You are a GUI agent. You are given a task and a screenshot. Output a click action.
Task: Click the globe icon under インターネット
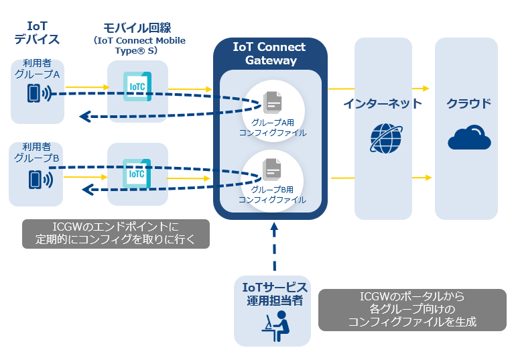point(386,137)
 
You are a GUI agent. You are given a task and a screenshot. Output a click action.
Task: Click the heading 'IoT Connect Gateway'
point(269,54)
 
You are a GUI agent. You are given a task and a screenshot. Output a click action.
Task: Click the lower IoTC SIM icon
point(137,172)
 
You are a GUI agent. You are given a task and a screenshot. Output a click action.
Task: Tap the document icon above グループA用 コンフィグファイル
point(272,101)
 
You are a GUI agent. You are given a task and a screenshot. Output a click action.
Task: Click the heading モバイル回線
point(137,27)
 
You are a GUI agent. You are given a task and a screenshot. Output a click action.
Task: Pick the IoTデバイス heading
point(36,32)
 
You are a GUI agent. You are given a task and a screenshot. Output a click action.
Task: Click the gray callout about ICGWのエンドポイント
point(116,232)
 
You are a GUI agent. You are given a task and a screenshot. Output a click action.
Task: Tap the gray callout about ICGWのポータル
point(411,309)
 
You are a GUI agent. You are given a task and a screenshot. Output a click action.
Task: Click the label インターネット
point(383,103)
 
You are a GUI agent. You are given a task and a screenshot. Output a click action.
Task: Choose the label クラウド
point(468,103)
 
